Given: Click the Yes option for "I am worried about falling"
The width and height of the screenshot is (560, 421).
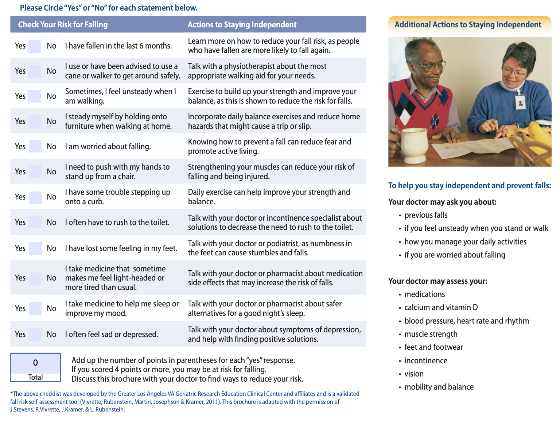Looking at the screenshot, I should pyautogui.click(x=20, y=146).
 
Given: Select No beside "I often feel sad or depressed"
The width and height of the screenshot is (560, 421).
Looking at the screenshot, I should pyautogui.click(x=51, y=334).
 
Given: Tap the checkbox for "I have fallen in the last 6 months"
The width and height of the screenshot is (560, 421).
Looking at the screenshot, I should pyautogui.click(x=35, y=46).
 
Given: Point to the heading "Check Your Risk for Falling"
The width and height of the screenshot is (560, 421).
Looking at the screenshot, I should pyautogui.click(x=63, y=24).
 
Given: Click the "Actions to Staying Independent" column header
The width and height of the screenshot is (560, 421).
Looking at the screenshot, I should pyautogui.click(x=242, y=24).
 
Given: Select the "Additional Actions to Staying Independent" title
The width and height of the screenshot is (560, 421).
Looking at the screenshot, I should pyautogui.click(x=468, y=24).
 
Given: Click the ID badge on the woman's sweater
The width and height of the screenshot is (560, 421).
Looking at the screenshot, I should pyautogui.click(x=520, y=103).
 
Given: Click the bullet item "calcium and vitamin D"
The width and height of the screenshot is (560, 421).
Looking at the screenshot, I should pyautogui.click(x=441, y=307).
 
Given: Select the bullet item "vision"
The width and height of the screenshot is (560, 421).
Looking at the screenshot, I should pyautogui.click(x=414, y=374).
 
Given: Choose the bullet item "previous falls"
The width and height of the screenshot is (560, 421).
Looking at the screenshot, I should pyautogui.click(x=426, y=215).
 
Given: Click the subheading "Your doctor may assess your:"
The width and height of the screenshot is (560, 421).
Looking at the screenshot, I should pyautogui.click(x=437, y=281).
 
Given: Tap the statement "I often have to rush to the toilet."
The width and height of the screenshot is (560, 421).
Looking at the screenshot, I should pyautogui.click(x=117, y=222).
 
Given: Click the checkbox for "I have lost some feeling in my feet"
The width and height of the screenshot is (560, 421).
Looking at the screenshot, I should pyautogui.click(x=35, y=248).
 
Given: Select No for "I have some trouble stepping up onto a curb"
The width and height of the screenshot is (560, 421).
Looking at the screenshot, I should pyautogui.click(x=51, y=197).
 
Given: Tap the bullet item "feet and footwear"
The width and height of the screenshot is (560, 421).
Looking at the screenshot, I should pyautogui.click(x=433, y=347).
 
